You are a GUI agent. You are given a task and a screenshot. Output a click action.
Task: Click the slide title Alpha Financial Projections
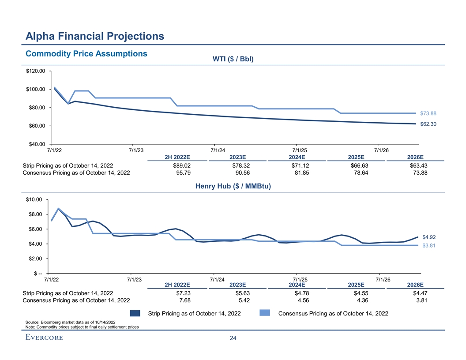pos(94,36)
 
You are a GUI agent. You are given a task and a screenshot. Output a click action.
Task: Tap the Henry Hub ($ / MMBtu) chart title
pos(233,187)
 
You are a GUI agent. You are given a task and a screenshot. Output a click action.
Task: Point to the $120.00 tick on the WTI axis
pos(35,71)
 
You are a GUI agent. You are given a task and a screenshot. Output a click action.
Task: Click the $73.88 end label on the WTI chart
pos(428,113)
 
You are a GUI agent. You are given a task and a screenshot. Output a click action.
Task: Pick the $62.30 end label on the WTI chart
pos(428,124)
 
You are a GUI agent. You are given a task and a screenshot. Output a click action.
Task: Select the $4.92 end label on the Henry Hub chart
pos(428,237)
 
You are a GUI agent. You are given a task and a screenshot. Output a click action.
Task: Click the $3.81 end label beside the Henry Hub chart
pos(428,246)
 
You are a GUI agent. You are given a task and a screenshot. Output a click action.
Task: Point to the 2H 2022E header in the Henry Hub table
pos(177,285)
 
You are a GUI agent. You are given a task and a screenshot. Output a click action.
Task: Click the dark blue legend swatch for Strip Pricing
pos(135,313)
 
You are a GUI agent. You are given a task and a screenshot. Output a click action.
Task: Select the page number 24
pos(233,338)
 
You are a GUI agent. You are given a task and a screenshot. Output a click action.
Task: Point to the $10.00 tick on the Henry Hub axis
pos(34,200)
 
